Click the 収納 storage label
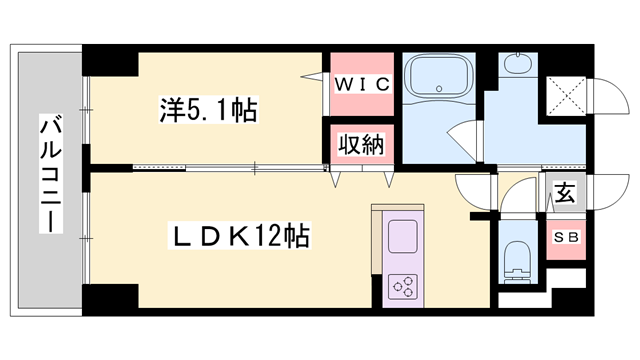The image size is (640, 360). tap(360, 144)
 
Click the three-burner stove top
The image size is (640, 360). tap(405, 287)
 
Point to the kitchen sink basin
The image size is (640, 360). tap(404, 237)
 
